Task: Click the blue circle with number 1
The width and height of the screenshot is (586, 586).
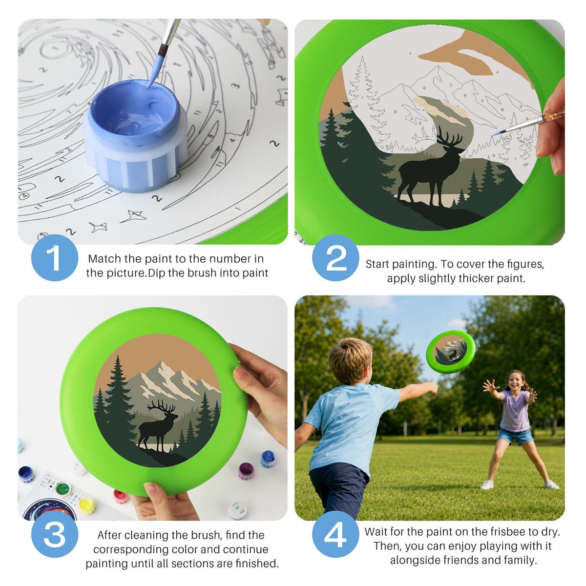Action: click(x=55, y=258)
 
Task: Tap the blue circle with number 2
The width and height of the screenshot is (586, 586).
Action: click(x=335, y=258)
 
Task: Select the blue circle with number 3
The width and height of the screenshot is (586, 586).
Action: click(x=55, y=534)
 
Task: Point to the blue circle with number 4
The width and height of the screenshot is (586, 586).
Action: click(x=335, y=534)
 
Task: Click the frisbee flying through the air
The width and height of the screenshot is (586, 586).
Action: click(x=451, y=352)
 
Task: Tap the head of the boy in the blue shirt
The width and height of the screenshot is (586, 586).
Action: click(x=350, y=361)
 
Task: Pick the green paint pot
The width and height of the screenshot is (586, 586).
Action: click(x=63, y=489)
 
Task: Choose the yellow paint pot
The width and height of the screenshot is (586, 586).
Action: click(x=86, y=506)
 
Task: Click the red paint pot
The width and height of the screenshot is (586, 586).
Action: click(x=121, y=496)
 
